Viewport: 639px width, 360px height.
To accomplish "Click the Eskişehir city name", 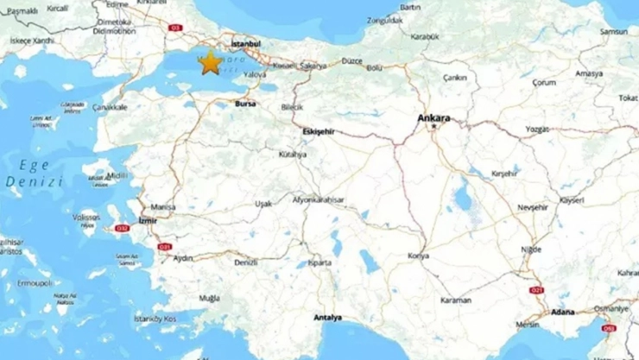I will tap(317, 130).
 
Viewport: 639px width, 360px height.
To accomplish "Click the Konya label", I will tap(418, 256).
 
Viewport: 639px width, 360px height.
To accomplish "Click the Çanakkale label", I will tap(111, 107).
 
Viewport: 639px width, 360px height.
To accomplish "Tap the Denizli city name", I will tap(245, 262).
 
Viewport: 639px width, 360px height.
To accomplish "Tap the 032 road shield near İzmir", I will tap(122, 229).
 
